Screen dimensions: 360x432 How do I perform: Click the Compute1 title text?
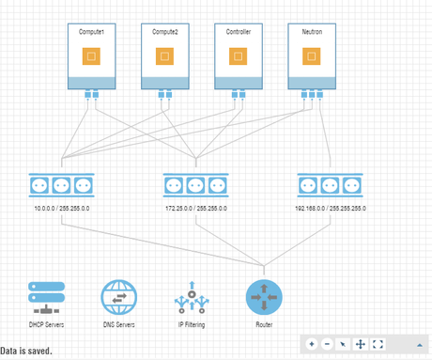(x=90, y=31)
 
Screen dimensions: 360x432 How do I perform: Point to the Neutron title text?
(x=311, y=31)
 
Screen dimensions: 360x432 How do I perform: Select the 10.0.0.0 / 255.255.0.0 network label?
(x=61, y=209)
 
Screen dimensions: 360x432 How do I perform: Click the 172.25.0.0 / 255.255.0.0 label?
(x=195, y=209)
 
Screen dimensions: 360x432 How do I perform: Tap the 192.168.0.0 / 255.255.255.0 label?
(x=331, y=209)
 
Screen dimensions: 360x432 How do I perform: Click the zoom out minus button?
(x=327, y=344)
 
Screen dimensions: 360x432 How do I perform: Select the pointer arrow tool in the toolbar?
(x=344, y=344)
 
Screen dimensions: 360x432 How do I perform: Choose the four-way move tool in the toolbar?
(x=361, y=344)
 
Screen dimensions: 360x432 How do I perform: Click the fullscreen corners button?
(x=378, y=344)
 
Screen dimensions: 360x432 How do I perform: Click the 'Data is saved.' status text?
(x=26, y=352)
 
